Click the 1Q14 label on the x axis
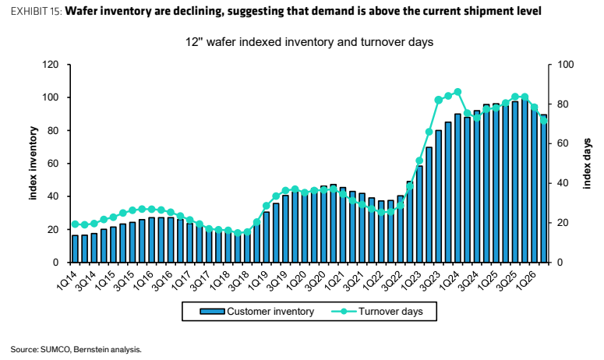[x=66, y=281]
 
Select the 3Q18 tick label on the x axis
[x=238, y=281]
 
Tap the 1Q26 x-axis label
[x=525, y=281]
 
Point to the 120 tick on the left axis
[x=51, y=65]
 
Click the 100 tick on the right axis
[x=566, y=65]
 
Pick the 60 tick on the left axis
[x=53, y=164]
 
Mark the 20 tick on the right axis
[x=563, y=223]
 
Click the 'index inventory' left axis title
[x=34, y=164]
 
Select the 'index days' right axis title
[x=587, y=164]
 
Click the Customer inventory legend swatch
[x=212, y=312]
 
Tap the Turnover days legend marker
[x=344, y=312]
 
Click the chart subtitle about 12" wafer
[x=309, y=41]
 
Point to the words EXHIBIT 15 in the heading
[x=36, y=11]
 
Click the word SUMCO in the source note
[x=55, y=350]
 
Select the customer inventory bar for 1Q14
[x=75, y=249]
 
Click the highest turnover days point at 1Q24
[x=457, y=92]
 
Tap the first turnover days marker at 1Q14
[x=75, y=224]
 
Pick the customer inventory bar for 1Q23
[x=419, y=214]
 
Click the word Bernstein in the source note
[x=88, y=350]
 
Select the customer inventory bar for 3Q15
[x=132, y=242]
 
